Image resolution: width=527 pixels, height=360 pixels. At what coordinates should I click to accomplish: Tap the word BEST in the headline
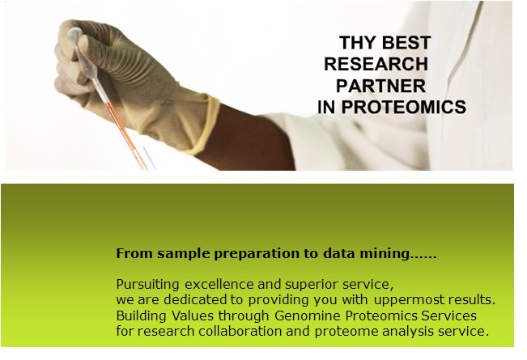406,43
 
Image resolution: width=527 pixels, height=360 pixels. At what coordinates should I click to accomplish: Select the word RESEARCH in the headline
376,64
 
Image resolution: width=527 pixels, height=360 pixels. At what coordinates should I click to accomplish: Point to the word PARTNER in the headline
380,86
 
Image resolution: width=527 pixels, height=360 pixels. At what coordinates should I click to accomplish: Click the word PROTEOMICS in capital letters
404,107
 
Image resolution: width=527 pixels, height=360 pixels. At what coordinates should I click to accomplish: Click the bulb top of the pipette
74,33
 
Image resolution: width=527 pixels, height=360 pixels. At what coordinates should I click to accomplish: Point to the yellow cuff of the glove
206,125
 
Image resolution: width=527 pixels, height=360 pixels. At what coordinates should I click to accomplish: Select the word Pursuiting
147,285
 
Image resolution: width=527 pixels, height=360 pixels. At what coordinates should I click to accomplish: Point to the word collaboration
240,332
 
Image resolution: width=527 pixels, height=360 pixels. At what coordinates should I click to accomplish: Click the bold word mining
385,253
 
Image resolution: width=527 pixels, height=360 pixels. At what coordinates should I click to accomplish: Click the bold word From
134,253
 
